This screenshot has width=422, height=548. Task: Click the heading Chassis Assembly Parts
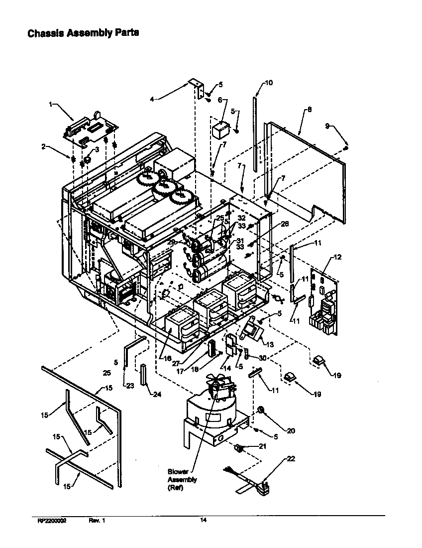click(83, 33)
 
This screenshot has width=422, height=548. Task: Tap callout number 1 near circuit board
click(51, 104)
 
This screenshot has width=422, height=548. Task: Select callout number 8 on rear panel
click(309, 109)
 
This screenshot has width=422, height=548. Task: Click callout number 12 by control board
click(337, 257)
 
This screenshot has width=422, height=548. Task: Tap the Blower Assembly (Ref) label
click(182, 479)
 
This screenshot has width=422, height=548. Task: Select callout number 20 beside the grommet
click(291, 430)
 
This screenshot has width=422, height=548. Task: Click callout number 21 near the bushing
click(263, 446)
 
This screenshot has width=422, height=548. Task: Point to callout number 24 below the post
click(157, 395)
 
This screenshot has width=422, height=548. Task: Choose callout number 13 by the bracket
click(270, 345)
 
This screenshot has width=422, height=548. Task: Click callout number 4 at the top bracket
click(152, 99)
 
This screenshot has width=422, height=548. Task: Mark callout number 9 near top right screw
click(327, 127)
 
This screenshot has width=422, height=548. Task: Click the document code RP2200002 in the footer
click(52, 520)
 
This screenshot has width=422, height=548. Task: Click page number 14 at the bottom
click(203, 520)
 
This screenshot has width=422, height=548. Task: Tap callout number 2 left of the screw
click(43, 146)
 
